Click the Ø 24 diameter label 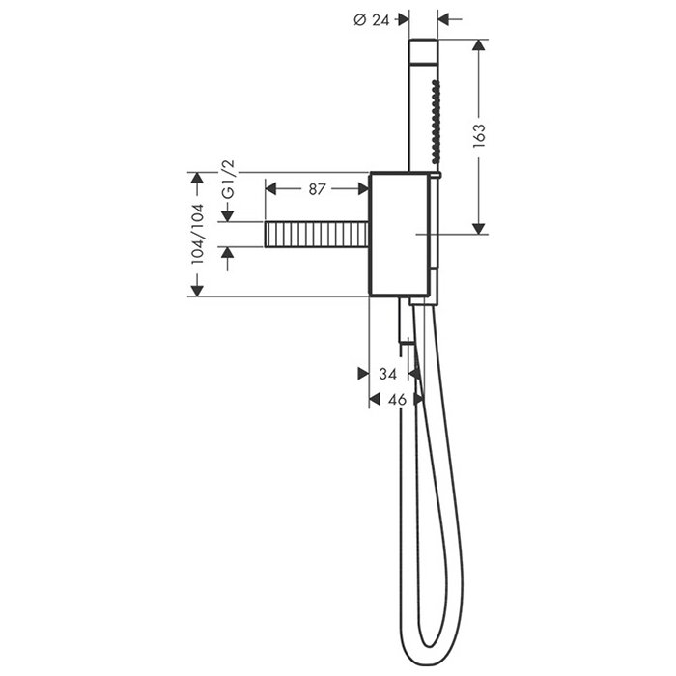pyautogui.click(x=371, y=20)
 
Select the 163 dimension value pyautogui.click(x=479, y=136)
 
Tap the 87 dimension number pyautogui.click(x=317, y=189)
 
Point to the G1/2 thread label pyautogui.click(x=228, y=180)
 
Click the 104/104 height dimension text pyautogui.click(x=197, y=234)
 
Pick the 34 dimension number pyautogui.click(x=387, y=374)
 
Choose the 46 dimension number pyautogui.click(x=397, y=400)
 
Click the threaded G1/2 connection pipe pyautogui.click(x=317, y=235)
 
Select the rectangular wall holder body pyautogui.click(x=400, y=234)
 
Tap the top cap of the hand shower pyautogui.click(x=423, y=52)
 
